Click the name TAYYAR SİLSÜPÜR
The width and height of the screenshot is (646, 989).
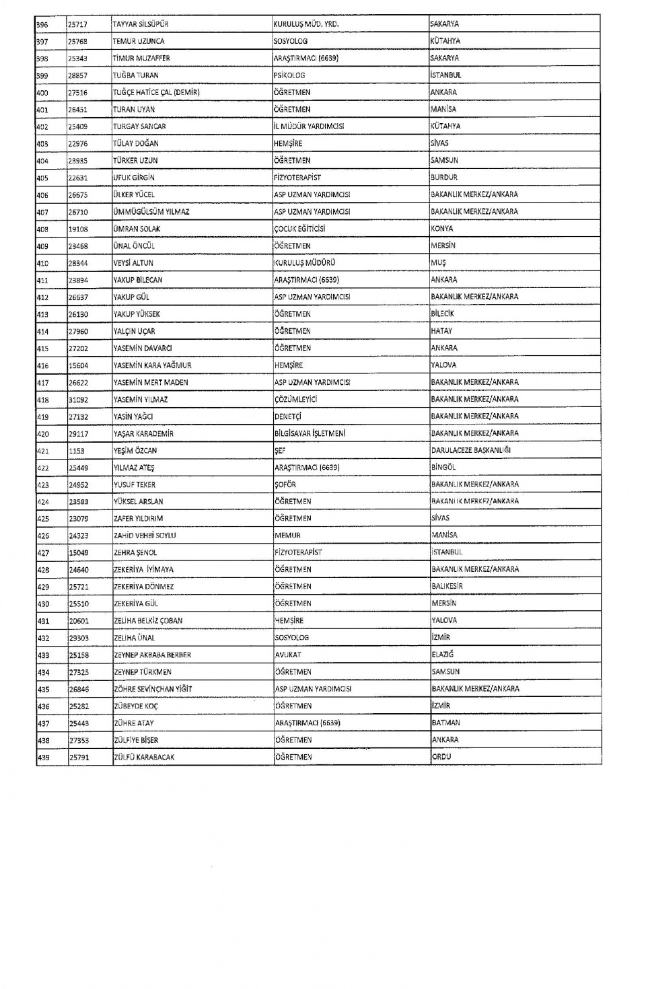[141, 24]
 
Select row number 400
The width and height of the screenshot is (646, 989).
[42, 92]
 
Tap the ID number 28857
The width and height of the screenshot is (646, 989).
[78, 75]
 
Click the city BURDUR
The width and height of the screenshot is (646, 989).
[444, 178]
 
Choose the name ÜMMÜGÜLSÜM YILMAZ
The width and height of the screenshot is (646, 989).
[151, 212]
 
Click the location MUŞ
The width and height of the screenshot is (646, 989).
[439, 263]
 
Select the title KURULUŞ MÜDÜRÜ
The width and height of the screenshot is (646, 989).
[304, 263]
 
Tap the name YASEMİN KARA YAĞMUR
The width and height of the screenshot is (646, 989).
[152, 365]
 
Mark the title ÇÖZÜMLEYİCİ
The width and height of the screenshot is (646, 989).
[295, 400]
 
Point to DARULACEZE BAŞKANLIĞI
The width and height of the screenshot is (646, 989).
[471, 450]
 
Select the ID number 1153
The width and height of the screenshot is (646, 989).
[76, 451]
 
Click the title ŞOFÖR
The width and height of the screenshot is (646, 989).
[285, 484]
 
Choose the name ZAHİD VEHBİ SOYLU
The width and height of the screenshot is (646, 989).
[145, 536]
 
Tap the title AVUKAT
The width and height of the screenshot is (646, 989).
[288, 655]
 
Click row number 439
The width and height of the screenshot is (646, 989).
[43, 758]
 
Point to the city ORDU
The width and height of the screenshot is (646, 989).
[441, 757]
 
